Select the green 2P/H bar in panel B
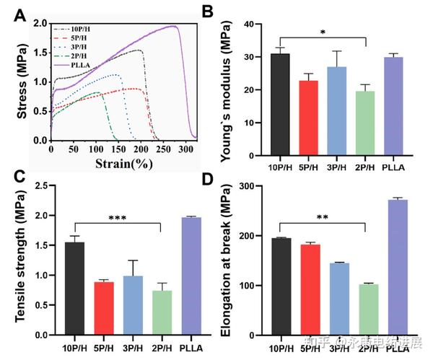[x=367, y=123]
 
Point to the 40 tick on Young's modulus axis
[x=252, y=25]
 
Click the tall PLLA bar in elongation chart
[x=398, y=267]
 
